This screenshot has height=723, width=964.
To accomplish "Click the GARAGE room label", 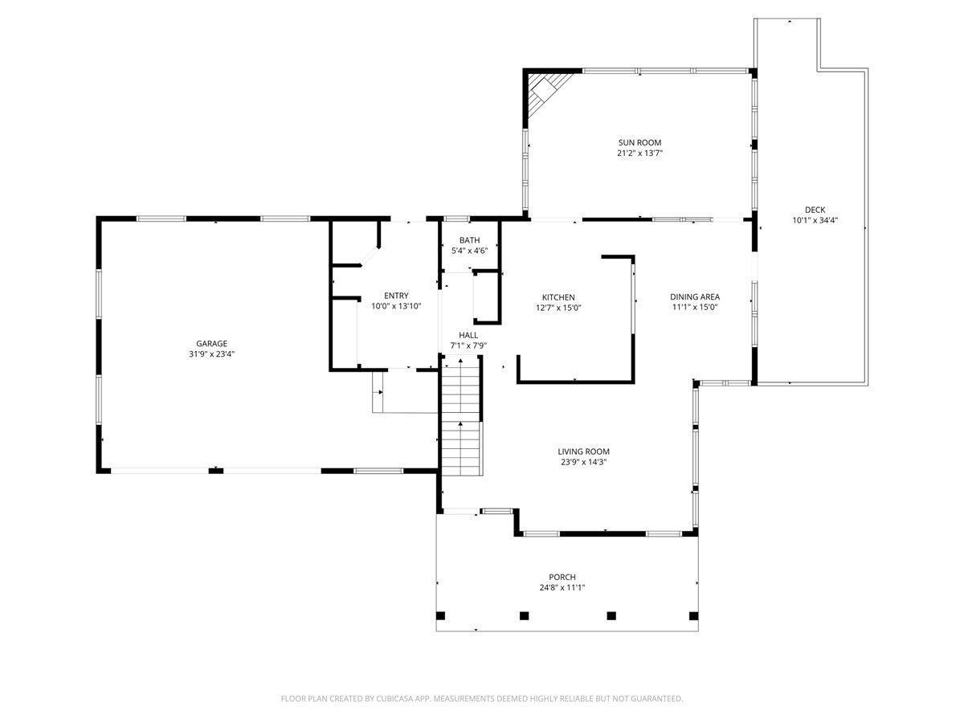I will pos(211,344).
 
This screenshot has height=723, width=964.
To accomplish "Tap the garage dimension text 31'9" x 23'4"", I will pos(211,354).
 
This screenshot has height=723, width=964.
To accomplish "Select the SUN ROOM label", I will pos(639,142).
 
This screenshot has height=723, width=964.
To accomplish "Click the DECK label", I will pos(815,210).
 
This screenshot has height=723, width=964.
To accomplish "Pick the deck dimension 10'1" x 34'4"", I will pos(815,221).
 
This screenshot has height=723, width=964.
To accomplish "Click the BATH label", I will pos(469,240).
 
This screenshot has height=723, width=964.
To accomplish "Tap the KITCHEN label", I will pos(558,297).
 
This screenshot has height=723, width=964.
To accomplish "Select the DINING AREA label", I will pos(695,296).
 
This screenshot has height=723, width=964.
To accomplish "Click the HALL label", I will pos(468,335).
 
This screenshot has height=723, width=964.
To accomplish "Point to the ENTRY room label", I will pos(395,296).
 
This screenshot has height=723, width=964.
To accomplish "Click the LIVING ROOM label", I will pos(583,451).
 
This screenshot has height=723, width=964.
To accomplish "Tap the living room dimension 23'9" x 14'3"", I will pos(583,462).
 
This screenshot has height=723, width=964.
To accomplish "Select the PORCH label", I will pos(562,577).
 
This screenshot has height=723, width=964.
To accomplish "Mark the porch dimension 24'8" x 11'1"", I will pos(562,587).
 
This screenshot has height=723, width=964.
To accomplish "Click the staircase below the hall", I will pos(461,418).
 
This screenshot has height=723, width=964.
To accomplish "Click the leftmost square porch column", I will pos(440,616).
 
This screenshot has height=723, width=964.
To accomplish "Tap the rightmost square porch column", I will pos(693,616).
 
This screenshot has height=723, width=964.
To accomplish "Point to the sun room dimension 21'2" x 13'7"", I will pos(639,153).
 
